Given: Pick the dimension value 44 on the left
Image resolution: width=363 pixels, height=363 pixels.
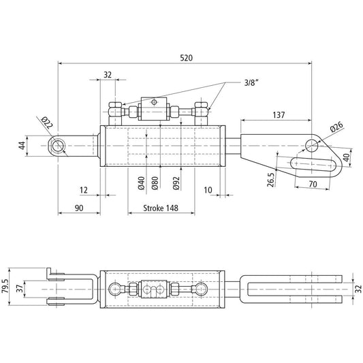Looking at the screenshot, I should (x=22, y=145).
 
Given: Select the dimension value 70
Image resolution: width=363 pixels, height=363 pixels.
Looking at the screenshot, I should (x=313, y=184).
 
